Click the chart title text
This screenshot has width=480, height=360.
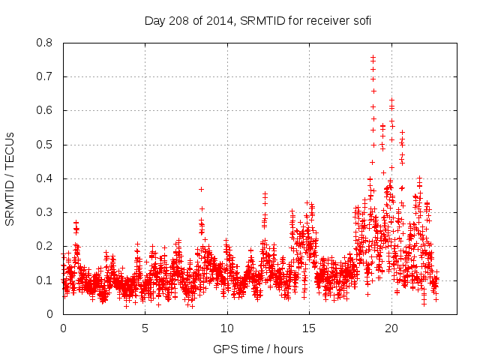[x=258, y=21]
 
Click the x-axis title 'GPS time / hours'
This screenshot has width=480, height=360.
[x=258, y=349]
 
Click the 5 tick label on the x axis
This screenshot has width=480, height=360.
[x=145, y=328]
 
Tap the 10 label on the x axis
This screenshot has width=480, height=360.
[x=227, y=328]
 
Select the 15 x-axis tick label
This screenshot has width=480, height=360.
[x=309, y=328]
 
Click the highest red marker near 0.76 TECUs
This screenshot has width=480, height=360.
[x=373, y=56]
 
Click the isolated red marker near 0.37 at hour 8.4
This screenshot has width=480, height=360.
[x=201, y=189]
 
